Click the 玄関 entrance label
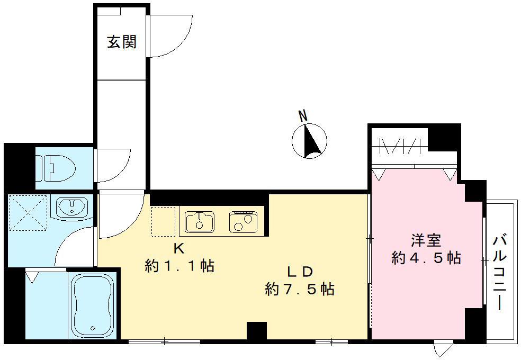pyautogui.click(x=122, y=42)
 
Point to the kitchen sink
pyautogui.click(x=200, y=221)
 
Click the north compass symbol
pyautogui.click(x=309, y=141)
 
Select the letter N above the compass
pyautogui.click(x=302, y=116)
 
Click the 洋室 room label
pyautogui.click(x=426, y=240)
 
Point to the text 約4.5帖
pyautogui.click(x=426, y=258)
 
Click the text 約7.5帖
pyautogui.click(x=300, y=289)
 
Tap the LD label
pyautogui.click(x=300, y=272)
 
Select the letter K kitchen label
pyautogui.click(x=179, y=248)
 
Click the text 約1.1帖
pyautogui.click(x=179, y=266)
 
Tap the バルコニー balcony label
pyautogui.click(x=500, y=272)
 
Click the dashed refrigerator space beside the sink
pyautogui.click(x=163, y=221)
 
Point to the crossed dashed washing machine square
pyautogui.click(x=29, y=212)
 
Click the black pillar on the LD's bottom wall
pyautogui.click(x=256, y=331)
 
